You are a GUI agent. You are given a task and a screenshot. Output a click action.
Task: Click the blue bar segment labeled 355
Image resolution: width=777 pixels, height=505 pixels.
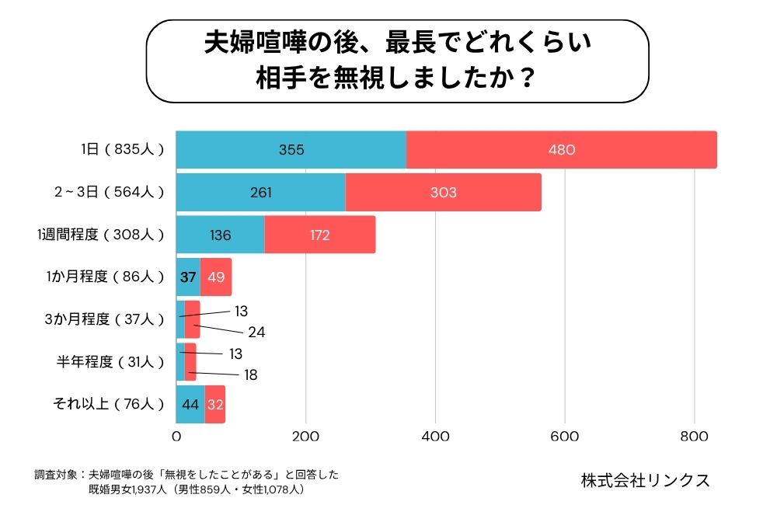coord(291,150)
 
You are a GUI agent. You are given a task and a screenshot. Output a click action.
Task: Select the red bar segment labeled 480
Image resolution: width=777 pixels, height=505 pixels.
coord(561,150)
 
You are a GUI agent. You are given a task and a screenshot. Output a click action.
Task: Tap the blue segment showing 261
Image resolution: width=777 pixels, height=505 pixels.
coord(260,192)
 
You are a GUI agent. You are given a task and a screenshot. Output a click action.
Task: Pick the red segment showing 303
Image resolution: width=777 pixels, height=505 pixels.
coord(443,192)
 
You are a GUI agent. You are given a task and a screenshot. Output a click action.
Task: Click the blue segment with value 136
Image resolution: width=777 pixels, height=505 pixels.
coord(220,235)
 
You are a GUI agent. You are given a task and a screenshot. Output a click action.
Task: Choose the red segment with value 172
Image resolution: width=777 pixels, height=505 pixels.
coord(319,235)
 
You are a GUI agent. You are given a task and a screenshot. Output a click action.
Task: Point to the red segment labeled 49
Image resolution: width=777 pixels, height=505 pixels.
coord(216,277)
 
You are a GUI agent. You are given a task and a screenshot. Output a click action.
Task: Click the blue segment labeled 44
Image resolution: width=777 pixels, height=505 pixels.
coord(190,404)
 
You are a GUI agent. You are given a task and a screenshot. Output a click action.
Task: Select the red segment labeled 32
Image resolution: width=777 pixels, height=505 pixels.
coord(215,404)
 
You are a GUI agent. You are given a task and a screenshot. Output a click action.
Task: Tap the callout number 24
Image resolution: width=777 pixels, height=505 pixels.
coord(256,333)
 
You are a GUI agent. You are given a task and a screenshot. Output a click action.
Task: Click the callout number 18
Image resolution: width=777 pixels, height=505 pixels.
coord(249,374)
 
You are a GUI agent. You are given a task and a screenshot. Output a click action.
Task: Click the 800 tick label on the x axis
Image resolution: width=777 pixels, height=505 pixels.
coord(694,436)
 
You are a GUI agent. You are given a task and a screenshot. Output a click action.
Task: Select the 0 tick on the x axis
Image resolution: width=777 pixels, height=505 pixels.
coord(176,436)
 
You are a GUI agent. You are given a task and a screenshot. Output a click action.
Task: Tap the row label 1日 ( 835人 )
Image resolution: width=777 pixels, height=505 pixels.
coord(124,150)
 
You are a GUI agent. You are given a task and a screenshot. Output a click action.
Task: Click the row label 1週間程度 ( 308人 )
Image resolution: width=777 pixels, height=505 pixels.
coord(101,235)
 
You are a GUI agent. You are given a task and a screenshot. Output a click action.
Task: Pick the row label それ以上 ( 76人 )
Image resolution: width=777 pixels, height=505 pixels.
coord(108,404)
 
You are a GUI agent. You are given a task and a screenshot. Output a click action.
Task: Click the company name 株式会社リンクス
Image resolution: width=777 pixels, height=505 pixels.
coord(645,480)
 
